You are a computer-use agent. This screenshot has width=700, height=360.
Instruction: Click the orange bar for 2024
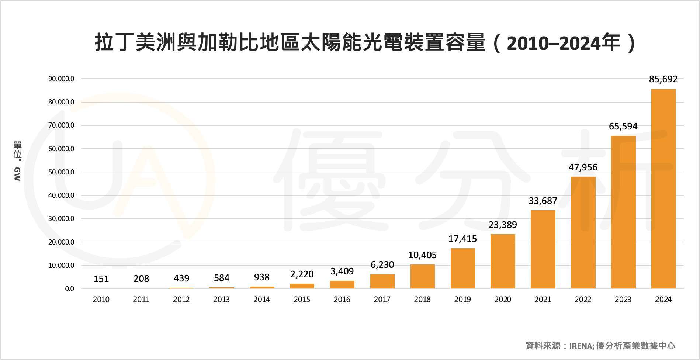663,188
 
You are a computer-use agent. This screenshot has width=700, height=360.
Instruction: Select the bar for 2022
583,232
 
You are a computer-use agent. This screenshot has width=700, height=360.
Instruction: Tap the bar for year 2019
462,268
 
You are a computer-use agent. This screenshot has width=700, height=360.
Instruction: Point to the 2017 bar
382,281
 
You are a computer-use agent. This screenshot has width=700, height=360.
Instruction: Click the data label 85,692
663,79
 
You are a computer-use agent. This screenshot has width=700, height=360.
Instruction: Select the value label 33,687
543,201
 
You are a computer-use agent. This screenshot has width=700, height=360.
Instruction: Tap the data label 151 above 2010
101,279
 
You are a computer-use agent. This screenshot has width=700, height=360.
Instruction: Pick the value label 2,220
302,274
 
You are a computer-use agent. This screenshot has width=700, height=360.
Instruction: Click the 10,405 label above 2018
422,255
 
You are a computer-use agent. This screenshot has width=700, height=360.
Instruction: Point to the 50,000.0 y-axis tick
61,172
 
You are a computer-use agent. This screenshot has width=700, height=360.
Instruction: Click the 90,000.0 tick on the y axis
61,79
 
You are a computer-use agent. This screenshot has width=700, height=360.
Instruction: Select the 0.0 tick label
69,289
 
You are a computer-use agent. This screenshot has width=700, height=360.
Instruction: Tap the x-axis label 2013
221,300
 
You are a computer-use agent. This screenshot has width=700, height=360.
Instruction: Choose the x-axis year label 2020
503,300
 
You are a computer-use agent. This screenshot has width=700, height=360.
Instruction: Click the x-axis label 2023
623,300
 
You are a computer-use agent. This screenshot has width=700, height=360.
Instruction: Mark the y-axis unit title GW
17,174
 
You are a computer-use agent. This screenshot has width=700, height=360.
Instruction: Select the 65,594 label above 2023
623,127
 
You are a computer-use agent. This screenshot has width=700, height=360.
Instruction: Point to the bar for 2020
503,261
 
